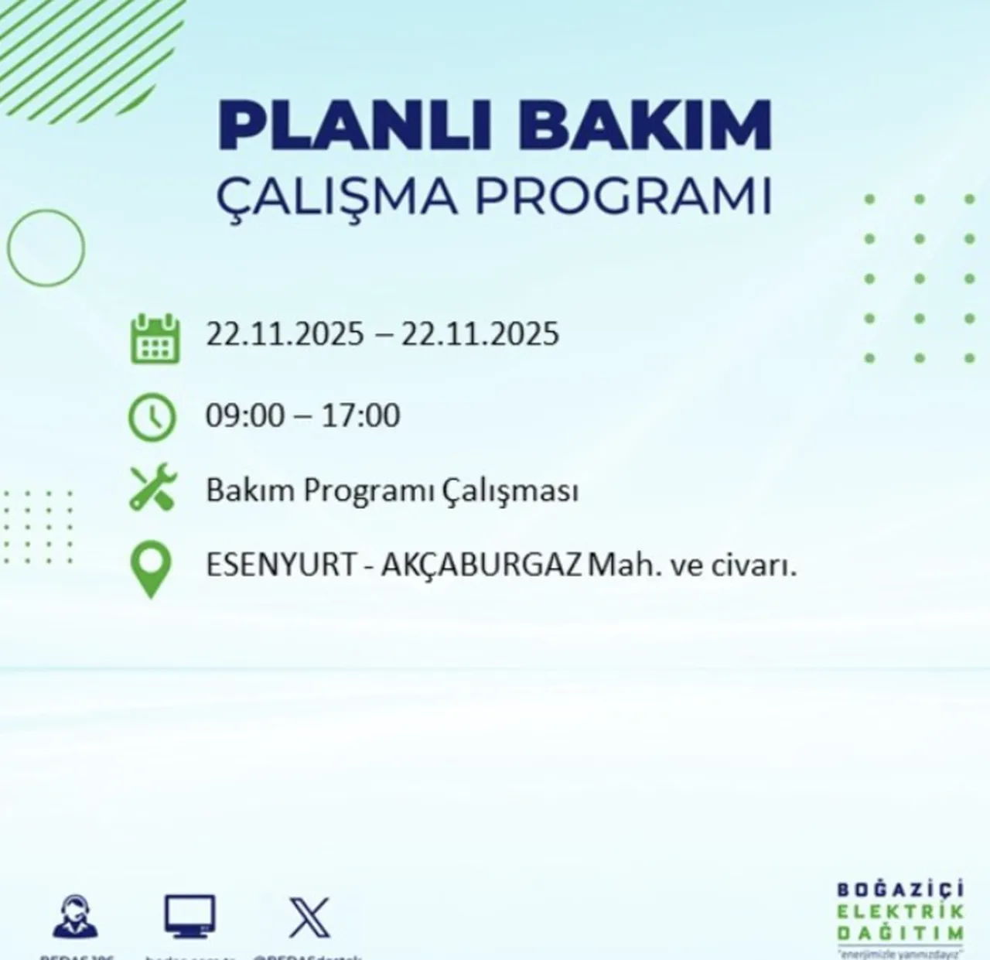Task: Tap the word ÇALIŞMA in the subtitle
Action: click(x=336, y=196)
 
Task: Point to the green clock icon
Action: click(x=152, y=417)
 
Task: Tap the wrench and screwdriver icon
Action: click(x=152, y=488)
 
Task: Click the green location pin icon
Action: click(x=150, y=569)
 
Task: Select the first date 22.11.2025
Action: click(x=284, y=334)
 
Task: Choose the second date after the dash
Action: click(x=480, y=334)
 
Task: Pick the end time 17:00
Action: click(x=360, y=415)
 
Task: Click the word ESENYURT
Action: click(x=278, y=565)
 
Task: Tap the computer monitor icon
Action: click(x=189, y=916)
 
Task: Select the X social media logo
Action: click(x=309, y=917)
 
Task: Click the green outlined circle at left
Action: click(x=46, y=248)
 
